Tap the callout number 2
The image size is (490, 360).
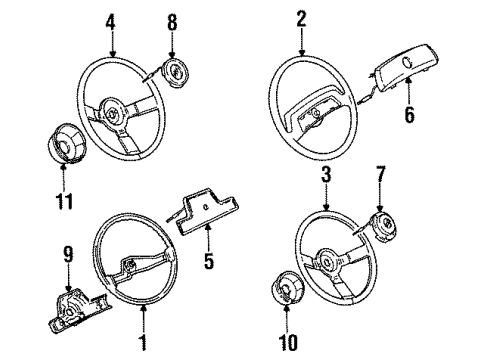tap(299, 18)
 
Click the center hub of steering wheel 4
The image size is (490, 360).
tap(114, 110)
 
